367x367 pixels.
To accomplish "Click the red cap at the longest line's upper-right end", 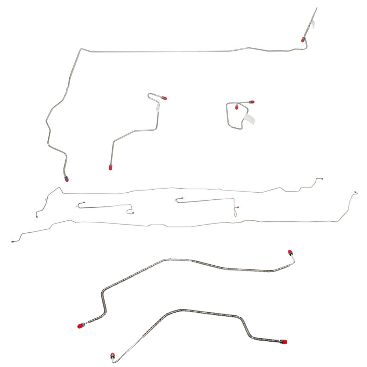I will [x=303, y=40].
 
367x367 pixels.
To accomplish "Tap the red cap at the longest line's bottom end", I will [x=67, y=179].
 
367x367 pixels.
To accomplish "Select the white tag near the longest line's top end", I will [x=313, y=23].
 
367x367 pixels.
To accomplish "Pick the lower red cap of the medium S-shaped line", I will [x=110, y=168].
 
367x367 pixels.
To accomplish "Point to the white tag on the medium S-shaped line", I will [x=158, y=107].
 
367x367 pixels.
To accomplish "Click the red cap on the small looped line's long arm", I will [x=252, y=102].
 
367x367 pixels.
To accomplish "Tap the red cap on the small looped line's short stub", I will [x=237, y=108].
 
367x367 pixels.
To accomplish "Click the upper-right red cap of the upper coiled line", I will [x=290, y=252].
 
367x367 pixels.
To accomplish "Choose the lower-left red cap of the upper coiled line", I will [x=80, y=326].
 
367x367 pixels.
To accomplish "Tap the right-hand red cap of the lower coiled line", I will [x=284, y=342].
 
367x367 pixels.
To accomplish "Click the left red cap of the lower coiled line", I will [x=112, y=356].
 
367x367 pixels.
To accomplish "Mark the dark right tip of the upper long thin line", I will [x=322, y=179].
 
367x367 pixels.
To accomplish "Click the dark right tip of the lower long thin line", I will [x=356, y=192].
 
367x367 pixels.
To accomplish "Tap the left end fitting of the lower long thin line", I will [x=13, y=242].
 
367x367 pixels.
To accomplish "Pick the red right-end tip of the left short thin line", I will [x=133, y=213].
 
